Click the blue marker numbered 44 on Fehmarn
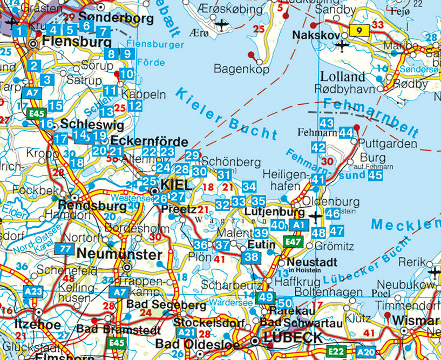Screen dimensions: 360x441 tap(346, 133)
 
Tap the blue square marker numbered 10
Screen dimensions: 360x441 tap(126, 74)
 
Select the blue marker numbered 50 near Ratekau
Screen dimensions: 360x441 tap(286, 304)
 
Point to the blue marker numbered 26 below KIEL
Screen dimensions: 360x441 tap(160, 199)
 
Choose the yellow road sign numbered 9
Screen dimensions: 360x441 tap(358, 31)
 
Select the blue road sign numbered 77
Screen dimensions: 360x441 tap(66, 249)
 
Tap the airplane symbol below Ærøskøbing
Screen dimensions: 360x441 tap(221, 24)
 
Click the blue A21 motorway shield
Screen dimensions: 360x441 tap(187, 332)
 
